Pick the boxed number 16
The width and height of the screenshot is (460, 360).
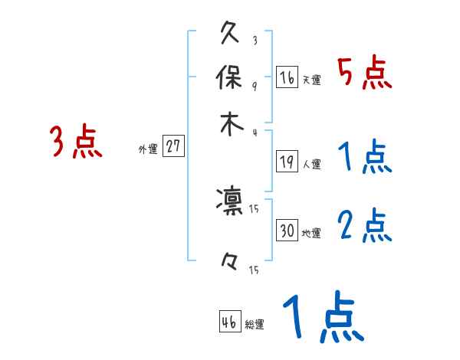(x=287, y=77)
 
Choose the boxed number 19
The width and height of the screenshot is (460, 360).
(x=287, y=161)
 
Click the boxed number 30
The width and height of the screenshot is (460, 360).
(x=287, y=231)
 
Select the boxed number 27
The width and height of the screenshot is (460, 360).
(x=174, y=147)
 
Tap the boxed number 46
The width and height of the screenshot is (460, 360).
(x=229, y=322)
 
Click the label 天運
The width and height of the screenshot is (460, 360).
(x=311, y=80)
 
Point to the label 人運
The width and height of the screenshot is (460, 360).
(x=311, y=164)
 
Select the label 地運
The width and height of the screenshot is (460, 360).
(x=311, y=233)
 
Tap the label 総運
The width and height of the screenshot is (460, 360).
(x=254, y=325)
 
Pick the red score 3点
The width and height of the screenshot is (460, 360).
(x=77, y=142)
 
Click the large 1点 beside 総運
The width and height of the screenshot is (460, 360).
(x=321, y=318)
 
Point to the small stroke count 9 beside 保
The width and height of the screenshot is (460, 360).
(x=254, y=86)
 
